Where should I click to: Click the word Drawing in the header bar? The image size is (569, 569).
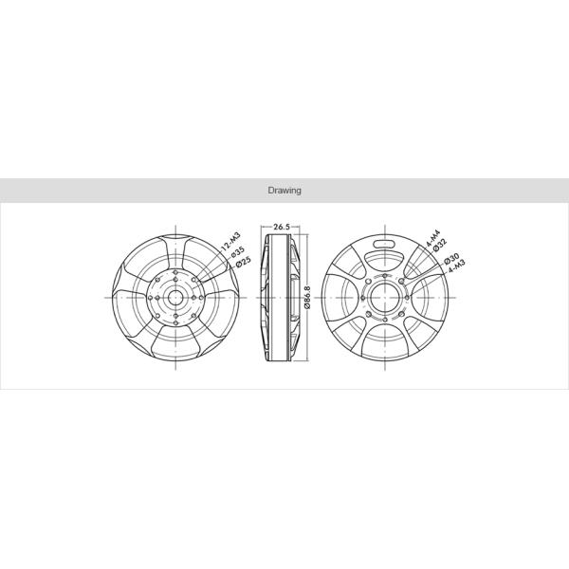pyautogui.click(x=284, y=191)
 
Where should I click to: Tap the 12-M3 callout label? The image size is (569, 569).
pyautogui.click(x=228, y=241)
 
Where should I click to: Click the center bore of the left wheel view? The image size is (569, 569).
pyautogui.click(x=176, y=296)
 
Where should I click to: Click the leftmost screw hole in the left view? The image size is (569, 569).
pyautogui.click(x=152, y=296)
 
